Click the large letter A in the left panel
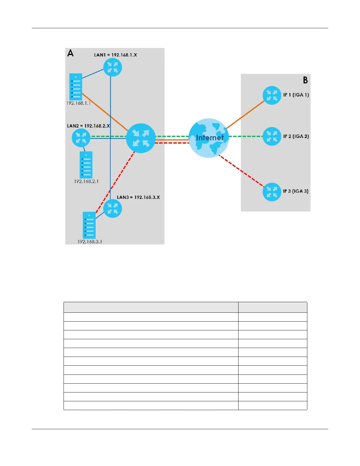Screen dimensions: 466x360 (x=70, y=53)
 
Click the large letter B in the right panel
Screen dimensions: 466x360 (x=305, y=80)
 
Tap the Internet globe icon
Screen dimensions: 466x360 (x=209, y=138)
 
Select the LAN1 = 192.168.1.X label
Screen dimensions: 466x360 (x=115, y=55)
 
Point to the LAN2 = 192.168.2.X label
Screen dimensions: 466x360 (x=88, y=126)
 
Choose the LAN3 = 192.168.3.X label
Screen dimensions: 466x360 (x=138, y=197)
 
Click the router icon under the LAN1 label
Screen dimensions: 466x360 (x=112, y=67)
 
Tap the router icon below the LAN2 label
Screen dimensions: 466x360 (x=81, y=138)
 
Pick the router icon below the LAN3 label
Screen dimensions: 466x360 (x=113, y=209)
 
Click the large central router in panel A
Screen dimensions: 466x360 (x=141, y=138)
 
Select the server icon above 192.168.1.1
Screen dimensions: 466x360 (x=76, y=87)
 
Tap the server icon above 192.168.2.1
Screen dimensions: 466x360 (x=86, y=165)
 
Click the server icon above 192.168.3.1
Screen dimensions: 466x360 (x=89, y=225)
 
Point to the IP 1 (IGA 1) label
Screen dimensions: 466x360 (x=296, y=95)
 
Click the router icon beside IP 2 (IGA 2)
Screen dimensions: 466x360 (x=272, y=136)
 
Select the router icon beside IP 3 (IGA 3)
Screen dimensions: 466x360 (x=272, y=192)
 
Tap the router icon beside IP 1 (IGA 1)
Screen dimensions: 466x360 (x=272, y=95)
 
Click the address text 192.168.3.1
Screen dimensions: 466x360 (x=90, y=242)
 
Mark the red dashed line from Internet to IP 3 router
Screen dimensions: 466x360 (x=241, y=171)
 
